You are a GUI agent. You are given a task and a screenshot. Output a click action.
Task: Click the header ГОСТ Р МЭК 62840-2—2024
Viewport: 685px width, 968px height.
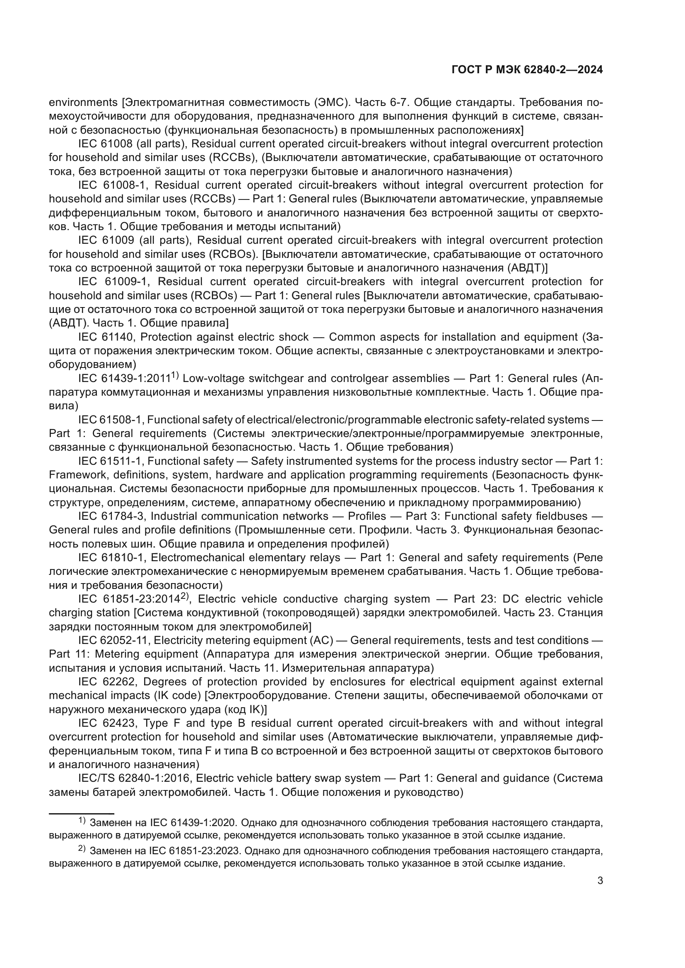point(527,70)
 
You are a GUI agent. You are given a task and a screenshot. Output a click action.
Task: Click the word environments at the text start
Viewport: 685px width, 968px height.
point(83,102)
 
